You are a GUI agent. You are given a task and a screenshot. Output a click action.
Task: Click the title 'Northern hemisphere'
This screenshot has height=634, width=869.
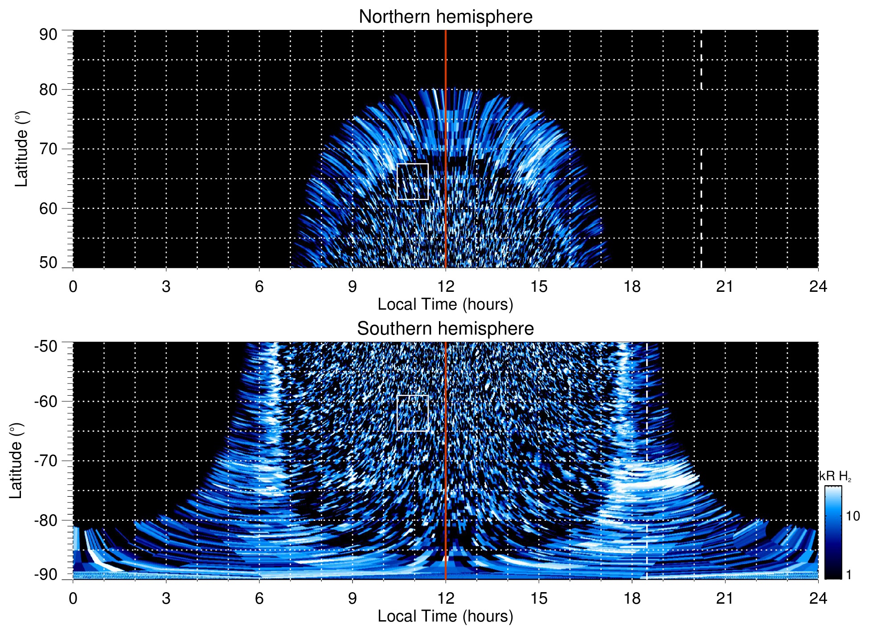point(445,17)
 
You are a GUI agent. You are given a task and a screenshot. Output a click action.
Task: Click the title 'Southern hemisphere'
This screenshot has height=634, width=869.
point(445,329)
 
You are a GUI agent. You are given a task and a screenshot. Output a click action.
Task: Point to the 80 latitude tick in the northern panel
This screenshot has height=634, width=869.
point(48,90)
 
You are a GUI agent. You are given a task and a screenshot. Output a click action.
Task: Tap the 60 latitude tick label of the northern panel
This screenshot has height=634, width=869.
point(48,209)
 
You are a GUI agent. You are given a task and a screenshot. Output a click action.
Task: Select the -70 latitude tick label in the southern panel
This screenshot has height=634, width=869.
point(46,461)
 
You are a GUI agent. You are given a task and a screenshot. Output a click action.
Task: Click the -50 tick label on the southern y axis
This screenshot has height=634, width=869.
point(46,346)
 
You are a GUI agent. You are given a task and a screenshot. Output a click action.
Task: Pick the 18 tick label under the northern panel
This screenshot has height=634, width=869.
point(632,286)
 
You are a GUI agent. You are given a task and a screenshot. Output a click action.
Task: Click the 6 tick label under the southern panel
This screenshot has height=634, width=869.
point(259,598)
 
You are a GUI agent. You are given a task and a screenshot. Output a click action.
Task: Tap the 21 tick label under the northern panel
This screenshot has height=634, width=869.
point(725,286)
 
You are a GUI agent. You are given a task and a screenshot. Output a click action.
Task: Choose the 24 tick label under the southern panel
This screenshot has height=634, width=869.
point(818,598)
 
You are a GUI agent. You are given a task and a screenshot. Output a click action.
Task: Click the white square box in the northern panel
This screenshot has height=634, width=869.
point(412,182)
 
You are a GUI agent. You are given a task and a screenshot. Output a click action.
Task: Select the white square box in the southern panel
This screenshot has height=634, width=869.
point(412,413)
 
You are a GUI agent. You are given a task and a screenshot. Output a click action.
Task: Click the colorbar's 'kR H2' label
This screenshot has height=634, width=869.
point(835,476)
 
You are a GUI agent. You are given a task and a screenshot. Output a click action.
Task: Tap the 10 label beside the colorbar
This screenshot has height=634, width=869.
point(853,516)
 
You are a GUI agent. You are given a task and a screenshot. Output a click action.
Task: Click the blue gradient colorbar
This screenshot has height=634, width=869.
point(832,532)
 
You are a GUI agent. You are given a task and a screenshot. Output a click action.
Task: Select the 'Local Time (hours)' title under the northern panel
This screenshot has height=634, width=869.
point(445,304)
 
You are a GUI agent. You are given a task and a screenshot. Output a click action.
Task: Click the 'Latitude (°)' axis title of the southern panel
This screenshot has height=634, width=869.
point(16,461)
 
